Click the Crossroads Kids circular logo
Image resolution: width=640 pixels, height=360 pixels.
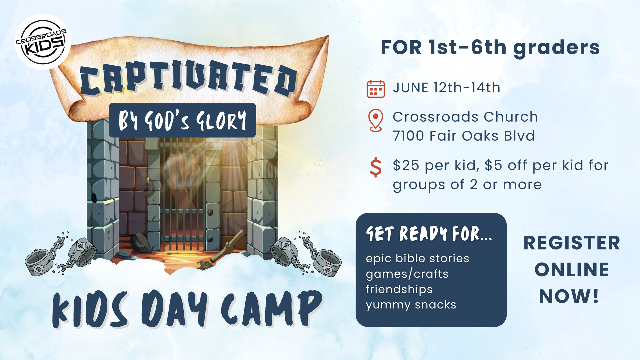pyautogui.click(x=43, y=42)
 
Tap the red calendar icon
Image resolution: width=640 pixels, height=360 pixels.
pyautogui.click(x=376, y=89)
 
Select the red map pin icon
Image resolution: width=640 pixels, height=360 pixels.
pyautogui.click(x=376, y=120)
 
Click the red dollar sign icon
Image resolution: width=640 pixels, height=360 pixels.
pyautogui.click(x=376, y=167)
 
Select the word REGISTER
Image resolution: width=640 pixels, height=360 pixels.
pyautogui.click(x=572, y=243)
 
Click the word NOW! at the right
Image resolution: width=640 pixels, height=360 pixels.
pyautogui.click(x=569, y=296)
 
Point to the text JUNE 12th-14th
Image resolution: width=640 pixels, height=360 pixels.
pyautogui.click(x=447, y=88)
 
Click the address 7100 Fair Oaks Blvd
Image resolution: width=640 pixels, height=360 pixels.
pyautogui.click(x=464, y=136)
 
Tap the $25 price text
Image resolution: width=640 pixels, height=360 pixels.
pyautogui.click(x=406, y=165)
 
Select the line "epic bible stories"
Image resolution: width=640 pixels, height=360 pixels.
pyautogui.click(x=417, y=259)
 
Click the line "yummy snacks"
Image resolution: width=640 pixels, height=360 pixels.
pyautogui.click(x=411, y=305)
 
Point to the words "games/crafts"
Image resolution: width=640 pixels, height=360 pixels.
pyautogui.click(x=407, y=274)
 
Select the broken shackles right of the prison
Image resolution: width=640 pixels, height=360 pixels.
pyautogui.click(x=306, y=253)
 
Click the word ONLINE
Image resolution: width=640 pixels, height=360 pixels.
pyautogui.click(x=572, y=269)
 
